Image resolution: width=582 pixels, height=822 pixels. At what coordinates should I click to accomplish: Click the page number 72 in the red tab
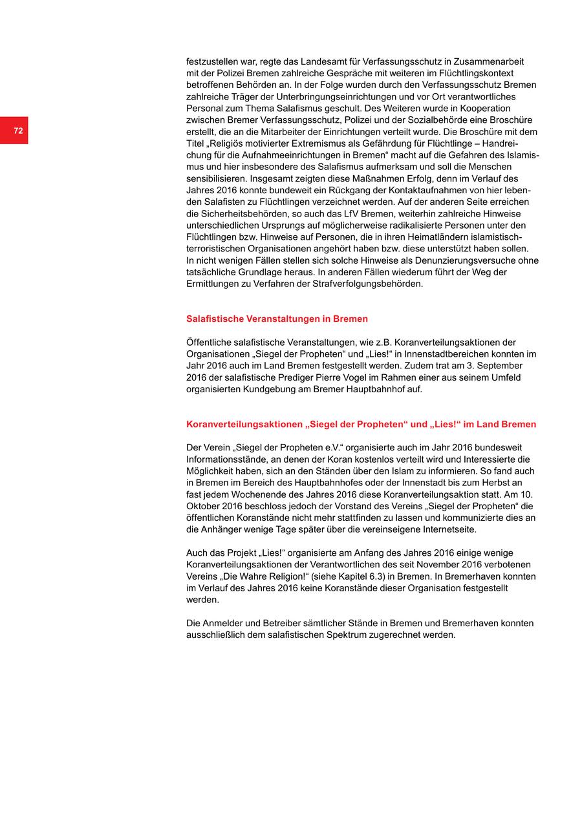coord(18,131)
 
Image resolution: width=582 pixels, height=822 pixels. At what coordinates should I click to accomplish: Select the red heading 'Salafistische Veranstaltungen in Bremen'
coord(277,319)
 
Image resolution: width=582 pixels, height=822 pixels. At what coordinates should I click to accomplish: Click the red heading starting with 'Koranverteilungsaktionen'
coord(361,425)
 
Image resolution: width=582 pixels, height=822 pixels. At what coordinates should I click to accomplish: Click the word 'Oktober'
coord(203,506)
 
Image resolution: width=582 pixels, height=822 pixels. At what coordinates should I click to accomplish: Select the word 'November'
coord(432,565)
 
